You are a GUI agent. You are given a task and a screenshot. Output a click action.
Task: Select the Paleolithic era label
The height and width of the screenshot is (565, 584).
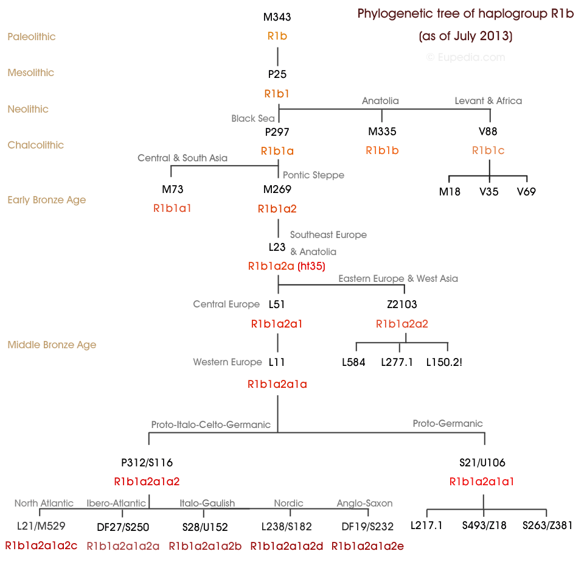pyautogui.click(x=32, y=37)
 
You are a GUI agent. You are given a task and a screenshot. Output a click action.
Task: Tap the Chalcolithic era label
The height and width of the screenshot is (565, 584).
pyautogui.click(x=35, y=145)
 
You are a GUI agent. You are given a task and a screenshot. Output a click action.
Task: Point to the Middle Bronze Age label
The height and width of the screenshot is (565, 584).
pyautogui.click(x=52, y=345)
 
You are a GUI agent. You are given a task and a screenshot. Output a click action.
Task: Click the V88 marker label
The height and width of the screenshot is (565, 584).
pyautogui.click(x=489, y=132)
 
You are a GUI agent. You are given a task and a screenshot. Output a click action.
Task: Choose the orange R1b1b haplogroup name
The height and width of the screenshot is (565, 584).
pyautogui.click(x=382, y=150)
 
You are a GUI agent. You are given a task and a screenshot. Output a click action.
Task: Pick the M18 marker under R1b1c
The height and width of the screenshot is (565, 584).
pyautogui.click(x=450, y=192)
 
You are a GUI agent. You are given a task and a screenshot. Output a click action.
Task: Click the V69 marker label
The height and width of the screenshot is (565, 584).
pyautogui.click(x=526, y=192)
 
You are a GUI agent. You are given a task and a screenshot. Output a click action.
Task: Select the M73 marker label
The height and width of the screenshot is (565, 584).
pyautogui.click(x=173, y=190)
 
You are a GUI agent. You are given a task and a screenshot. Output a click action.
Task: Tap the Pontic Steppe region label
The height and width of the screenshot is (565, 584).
pyautogui.click(x=313, y=175)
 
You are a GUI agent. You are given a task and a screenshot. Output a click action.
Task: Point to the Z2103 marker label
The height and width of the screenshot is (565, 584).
pyautogui.click(x=402, y=304)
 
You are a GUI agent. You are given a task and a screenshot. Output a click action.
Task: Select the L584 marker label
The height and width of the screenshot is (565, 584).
pyautogui.click(x=353, y=362)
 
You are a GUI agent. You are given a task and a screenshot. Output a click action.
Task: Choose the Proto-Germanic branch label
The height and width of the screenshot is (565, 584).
pyautogui.click(x=448, y=423)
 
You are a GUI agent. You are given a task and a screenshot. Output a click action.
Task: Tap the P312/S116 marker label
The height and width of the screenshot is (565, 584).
pyautogui.click(x=148, y=463)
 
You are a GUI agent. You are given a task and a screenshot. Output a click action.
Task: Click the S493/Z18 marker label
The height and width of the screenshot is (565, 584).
pyautogui.click(x=484, y=525)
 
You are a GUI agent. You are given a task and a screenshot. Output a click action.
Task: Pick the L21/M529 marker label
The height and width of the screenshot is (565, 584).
pyautogui.click(x=41, y=525)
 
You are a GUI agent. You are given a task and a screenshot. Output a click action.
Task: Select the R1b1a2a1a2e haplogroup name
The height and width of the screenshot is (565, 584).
pyautogui.click(x=367, y=546)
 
